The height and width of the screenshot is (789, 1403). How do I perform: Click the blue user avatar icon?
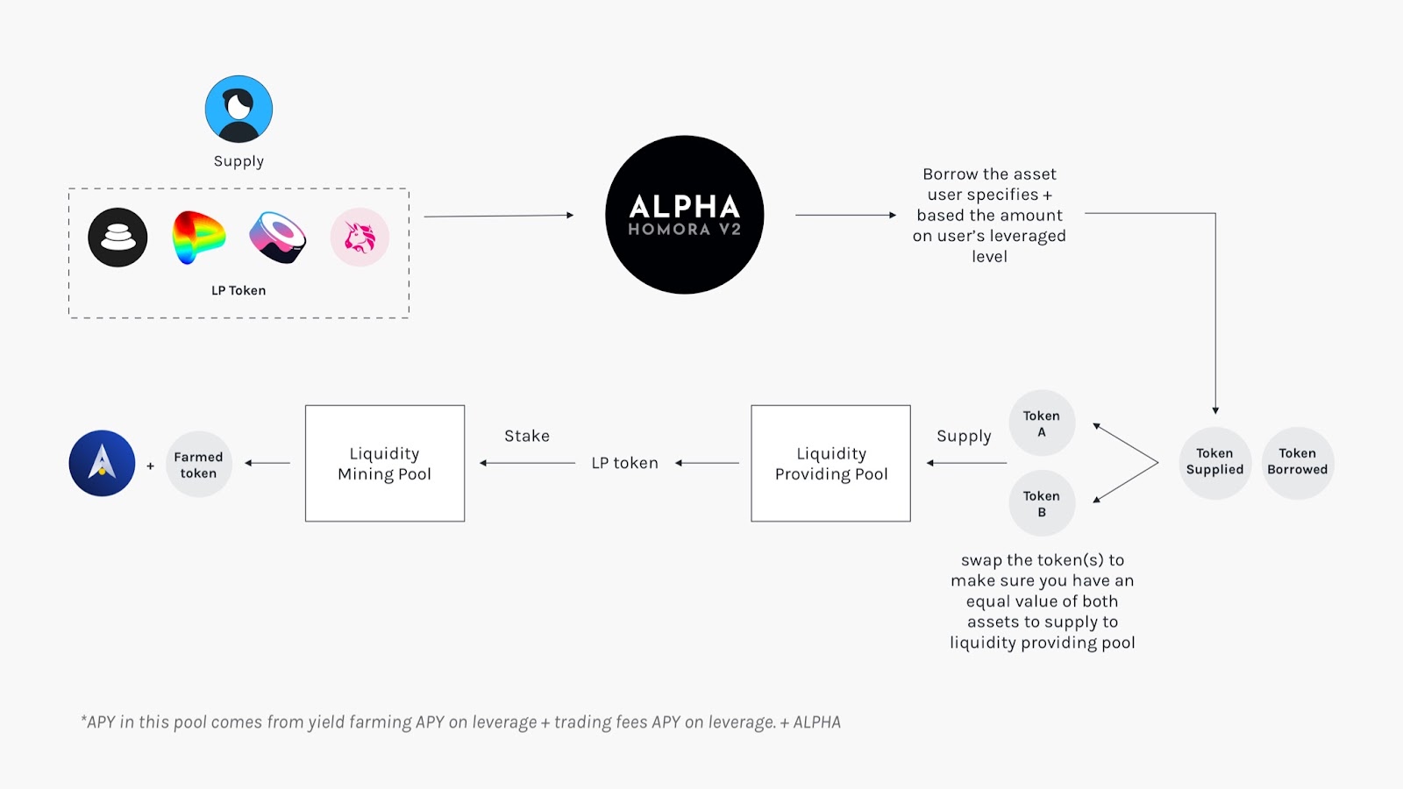click(239, 109)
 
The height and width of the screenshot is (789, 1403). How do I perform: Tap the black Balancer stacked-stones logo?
click(118, 238)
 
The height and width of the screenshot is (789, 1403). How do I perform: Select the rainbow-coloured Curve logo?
click(198, 237)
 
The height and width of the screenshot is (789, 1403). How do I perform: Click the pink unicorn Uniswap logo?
click(360, 237)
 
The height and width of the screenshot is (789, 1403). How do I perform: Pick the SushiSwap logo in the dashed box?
click(278, 237)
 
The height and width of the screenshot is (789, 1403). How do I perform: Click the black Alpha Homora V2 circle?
click(684, 215)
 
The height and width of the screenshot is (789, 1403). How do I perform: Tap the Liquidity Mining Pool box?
click(385, 463)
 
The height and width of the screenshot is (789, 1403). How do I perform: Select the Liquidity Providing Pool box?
click(830, 463)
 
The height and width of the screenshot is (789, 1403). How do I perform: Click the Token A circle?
click(1042, 423)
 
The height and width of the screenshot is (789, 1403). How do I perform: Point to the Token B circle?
click(1042, 503)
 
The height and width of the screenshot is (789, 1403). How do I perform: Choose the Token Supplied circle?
click(1214, 462)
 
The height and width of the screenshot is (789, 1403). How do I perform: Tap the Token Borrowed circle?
click(1298, 462)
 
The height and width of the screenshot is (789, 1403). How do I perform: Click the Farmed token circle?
click(198, 465)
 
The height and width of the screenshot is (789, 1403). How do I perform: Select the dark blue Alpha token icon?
click(102, 463)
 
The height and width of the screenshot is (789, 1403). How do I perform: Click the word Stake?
click(527, 436)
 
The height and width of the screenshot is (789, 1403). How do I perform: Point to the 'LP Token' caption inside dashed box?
click(239, 290)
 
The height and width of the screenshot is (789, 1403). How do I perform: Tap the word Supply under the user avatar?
click(239, 161)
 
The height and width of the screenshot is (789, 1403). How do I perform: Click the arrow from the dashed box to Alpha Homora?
click(498, 216)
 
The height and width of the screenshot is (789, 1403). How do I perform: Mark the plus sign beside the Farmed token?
click(150, 466)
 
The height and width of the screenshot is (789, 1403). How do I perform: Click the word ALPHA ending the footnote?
click(816, 722)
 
